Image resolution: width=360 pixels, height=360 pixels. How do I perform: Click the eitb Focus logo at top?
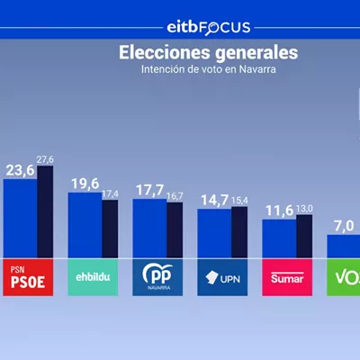pos(209,28)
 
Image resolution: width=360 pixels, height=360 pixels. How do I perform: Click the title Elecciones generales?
pos(209,52)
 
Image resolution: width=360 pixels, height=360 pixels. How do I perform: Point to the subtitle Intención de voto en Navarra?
pos(209,69)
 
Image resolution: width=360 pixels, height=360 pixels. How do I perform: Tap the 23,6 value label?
pos(21,171)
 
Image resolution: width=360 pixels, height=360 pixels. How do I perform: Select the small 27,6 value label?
pos(45,159)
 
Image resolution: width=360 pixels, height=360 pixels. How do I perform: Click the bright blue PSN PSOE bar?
pos(21,219)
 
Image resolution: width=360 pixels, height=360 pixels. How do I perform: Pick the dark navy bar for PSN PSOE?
pos(45,211)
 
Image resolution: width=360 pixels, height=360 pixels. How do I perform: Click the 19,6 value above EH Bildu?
pos(85,184)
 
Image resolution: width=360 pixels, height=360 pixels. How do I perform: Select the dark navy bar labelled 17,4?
pos(110,229)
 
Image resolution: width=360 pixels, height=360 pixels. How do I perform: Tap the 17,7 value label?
pos(150,190)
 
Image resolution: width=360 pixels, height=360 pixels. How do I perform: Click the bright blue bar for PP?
pos(150,229)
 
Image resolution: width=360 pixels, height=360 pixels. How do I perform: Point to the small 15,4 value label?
pos(239,201)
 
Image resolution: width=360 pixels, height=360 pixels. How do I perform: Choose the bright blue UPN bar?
pos(214,233)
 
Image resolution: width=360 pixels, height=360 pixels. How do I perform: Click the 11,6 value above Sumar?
pos(280,211)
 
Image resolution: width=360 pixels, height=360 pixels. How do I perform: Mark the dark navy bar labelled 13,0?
pos(304,236)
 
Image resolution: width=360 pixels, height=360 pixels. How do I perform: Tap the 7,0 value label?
pos(344,226)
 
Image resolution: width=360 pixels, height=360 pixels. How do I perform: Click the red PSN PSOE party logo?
pos(28,277)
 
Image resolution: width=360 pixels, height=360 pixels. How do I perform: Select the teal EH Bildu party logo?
pos(93,277)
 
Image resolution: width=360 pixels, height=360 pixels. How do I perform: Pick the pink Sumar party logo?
pos(287,277)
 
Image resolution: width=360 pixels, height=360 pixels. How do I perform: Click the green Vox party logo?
pos(344,277)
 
